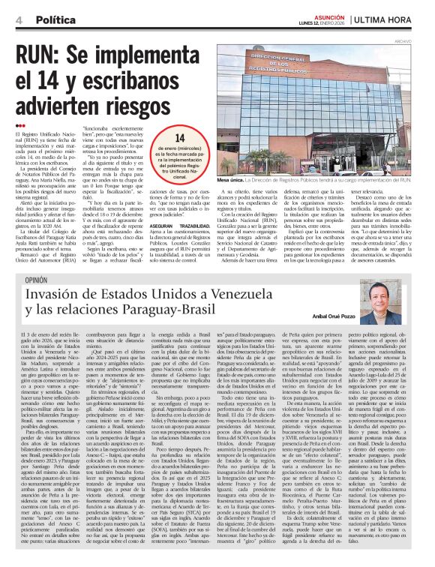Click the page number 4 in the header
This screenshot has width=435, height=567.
[18, 19]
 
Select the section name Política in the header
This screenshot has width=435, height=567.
[57, 19]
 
